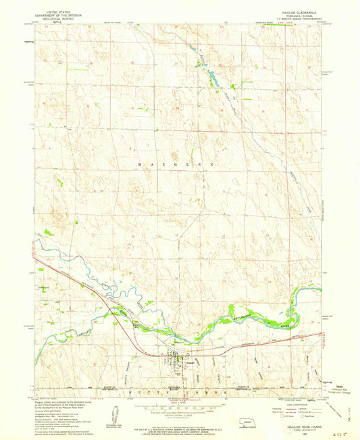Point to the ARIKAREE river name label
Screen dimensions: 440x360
point(59,328)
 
